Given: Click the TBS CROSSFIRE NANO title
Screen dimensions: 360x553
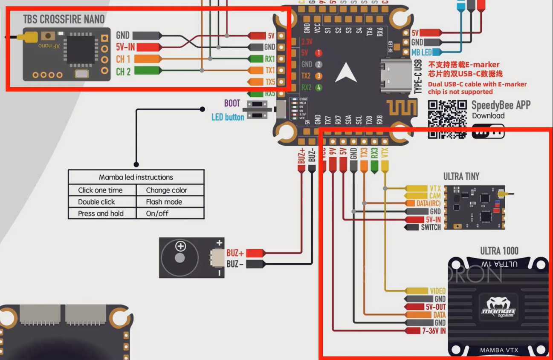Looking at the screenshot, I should [x=64, y=19].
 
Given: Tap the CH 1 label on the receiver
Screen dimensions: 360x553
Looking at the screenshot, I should [x=123, y=59].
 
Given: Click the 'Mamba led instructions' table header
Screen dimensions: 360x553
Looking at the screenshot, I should [x=136, y=177].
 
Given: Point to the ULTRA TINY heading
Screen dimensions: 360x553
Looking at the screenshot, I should [x=461, y=176].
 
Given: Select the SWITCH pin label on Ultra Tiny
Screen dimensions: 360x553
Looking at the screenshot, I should [x=431, y=227].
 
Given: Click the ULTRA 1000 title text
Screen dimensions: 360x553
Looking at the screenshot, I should [x=499, y=251].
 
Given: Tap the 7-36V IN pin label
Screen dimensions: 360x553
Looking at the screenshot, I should [x=434, y=331].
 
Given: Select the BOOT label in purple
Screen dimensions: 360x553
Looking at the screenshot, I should [x=232, y=104].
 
